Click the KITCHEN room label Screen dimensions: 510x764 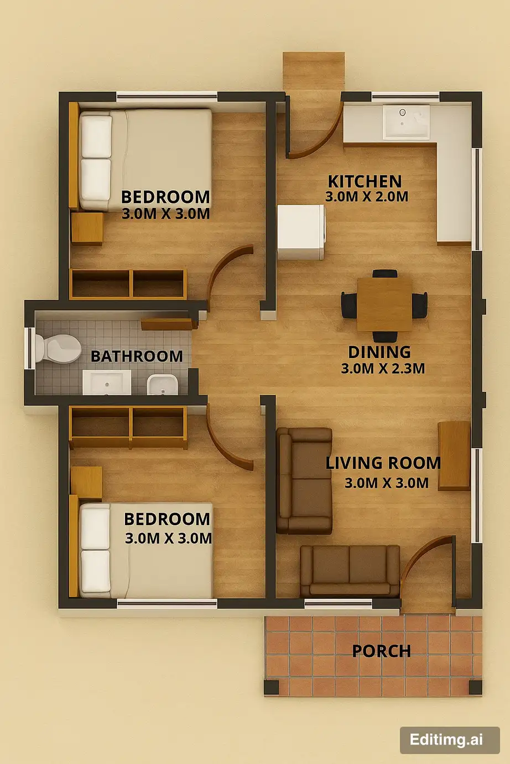(x=365, y=181)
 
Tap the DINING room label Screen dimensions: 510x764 (x=379, y=352)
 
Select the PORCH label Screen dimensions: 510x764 (x=381, y=651)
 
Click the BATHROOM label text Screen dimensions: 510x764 (x=137, y=357)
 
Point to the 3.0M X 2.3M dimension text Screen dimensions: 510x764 (x=383, y=369)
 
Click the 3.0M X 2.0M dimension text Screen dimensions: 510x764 (x=367, y=197)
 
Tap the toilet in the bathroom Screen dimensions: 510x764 (x=58, y=348)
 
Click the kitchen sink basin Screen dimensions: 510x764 (x=406, y=122)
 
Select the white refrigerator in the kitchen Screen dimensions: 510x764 (x=301, y=232)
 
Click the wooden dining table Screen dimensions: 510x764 (x=384, y=304)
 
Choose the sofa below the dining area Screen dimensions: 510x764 (x=304, y=480)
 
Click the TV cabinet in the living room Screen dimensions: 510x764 (x=454, y=456)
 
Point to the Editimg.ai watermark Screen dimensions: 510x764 (x=450, y=740)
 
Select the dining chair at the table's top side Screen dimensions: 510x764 (x=385, y=274)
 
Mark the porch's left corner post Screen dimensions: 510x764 (x=272, y=687)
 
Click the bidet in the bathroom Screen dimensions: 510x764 (x=163, y=385)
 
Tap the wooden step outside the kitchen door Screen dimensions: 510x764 (x=314, y=72)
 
